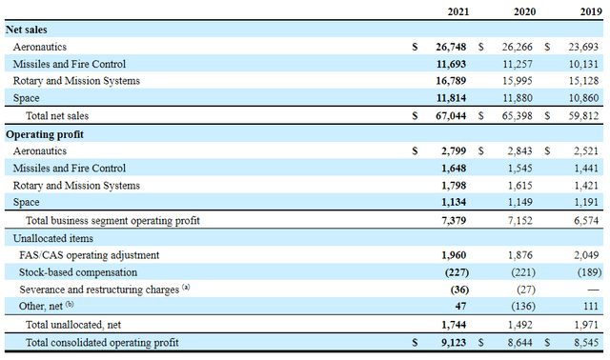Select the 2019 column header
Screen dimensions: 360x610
(x=590, y=10)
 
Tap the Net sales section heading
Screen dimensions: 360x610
(x=28, y=30)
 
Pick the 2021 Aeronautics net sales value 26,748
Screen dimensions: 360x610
(x=454, y=46)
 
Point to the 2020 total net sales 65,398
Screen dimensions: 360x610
(x=520, y=115)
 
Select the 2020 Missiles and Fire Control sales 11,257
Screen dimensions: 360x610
(x=520, y=64)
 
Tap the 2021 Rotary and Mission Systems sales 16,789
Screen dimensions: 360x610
(x=454, y=81)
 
